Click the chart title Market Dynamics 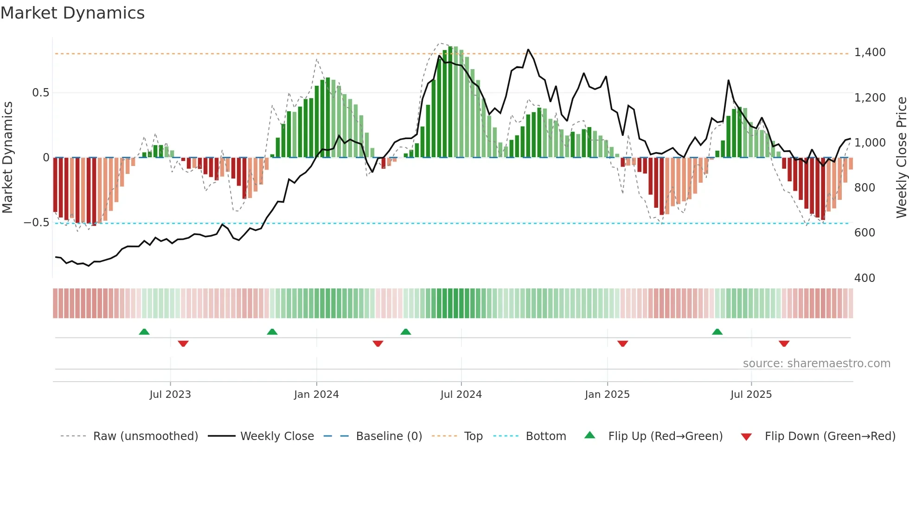click(72, 13)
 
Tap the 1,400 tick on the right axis click(870, 52)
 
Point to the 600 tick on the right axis click(864, 233)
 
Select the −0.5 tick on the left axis click(36, 223)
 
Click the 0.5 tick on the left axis click(40, 93)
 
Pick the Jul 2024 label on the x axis click(461, 395)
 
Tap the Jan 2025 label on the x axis click(607, 395)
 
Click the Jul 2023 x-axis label click(170, 395)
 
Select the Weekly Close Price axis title click(901, 157)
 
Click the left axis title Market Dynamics click(7, 157)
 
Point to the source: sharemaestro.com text click(816, 364)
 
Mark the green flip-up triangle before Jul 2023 click(144, 332)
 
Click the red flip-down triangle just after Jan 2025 click(622, 344)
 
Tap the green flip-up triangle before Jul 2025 click(717, 332)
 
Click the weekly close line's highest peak click(528, 50)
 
